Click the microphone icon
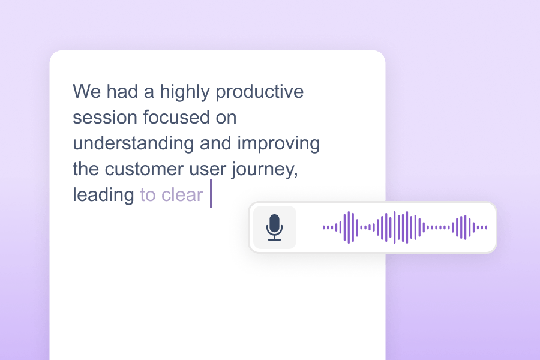275,227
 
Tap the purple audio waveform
405,227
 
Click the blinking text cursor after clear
211,194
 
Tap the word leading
103,195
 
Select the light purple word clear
182,195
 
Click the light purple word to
148,195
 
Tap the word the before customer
86,169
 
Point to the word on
225,118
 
